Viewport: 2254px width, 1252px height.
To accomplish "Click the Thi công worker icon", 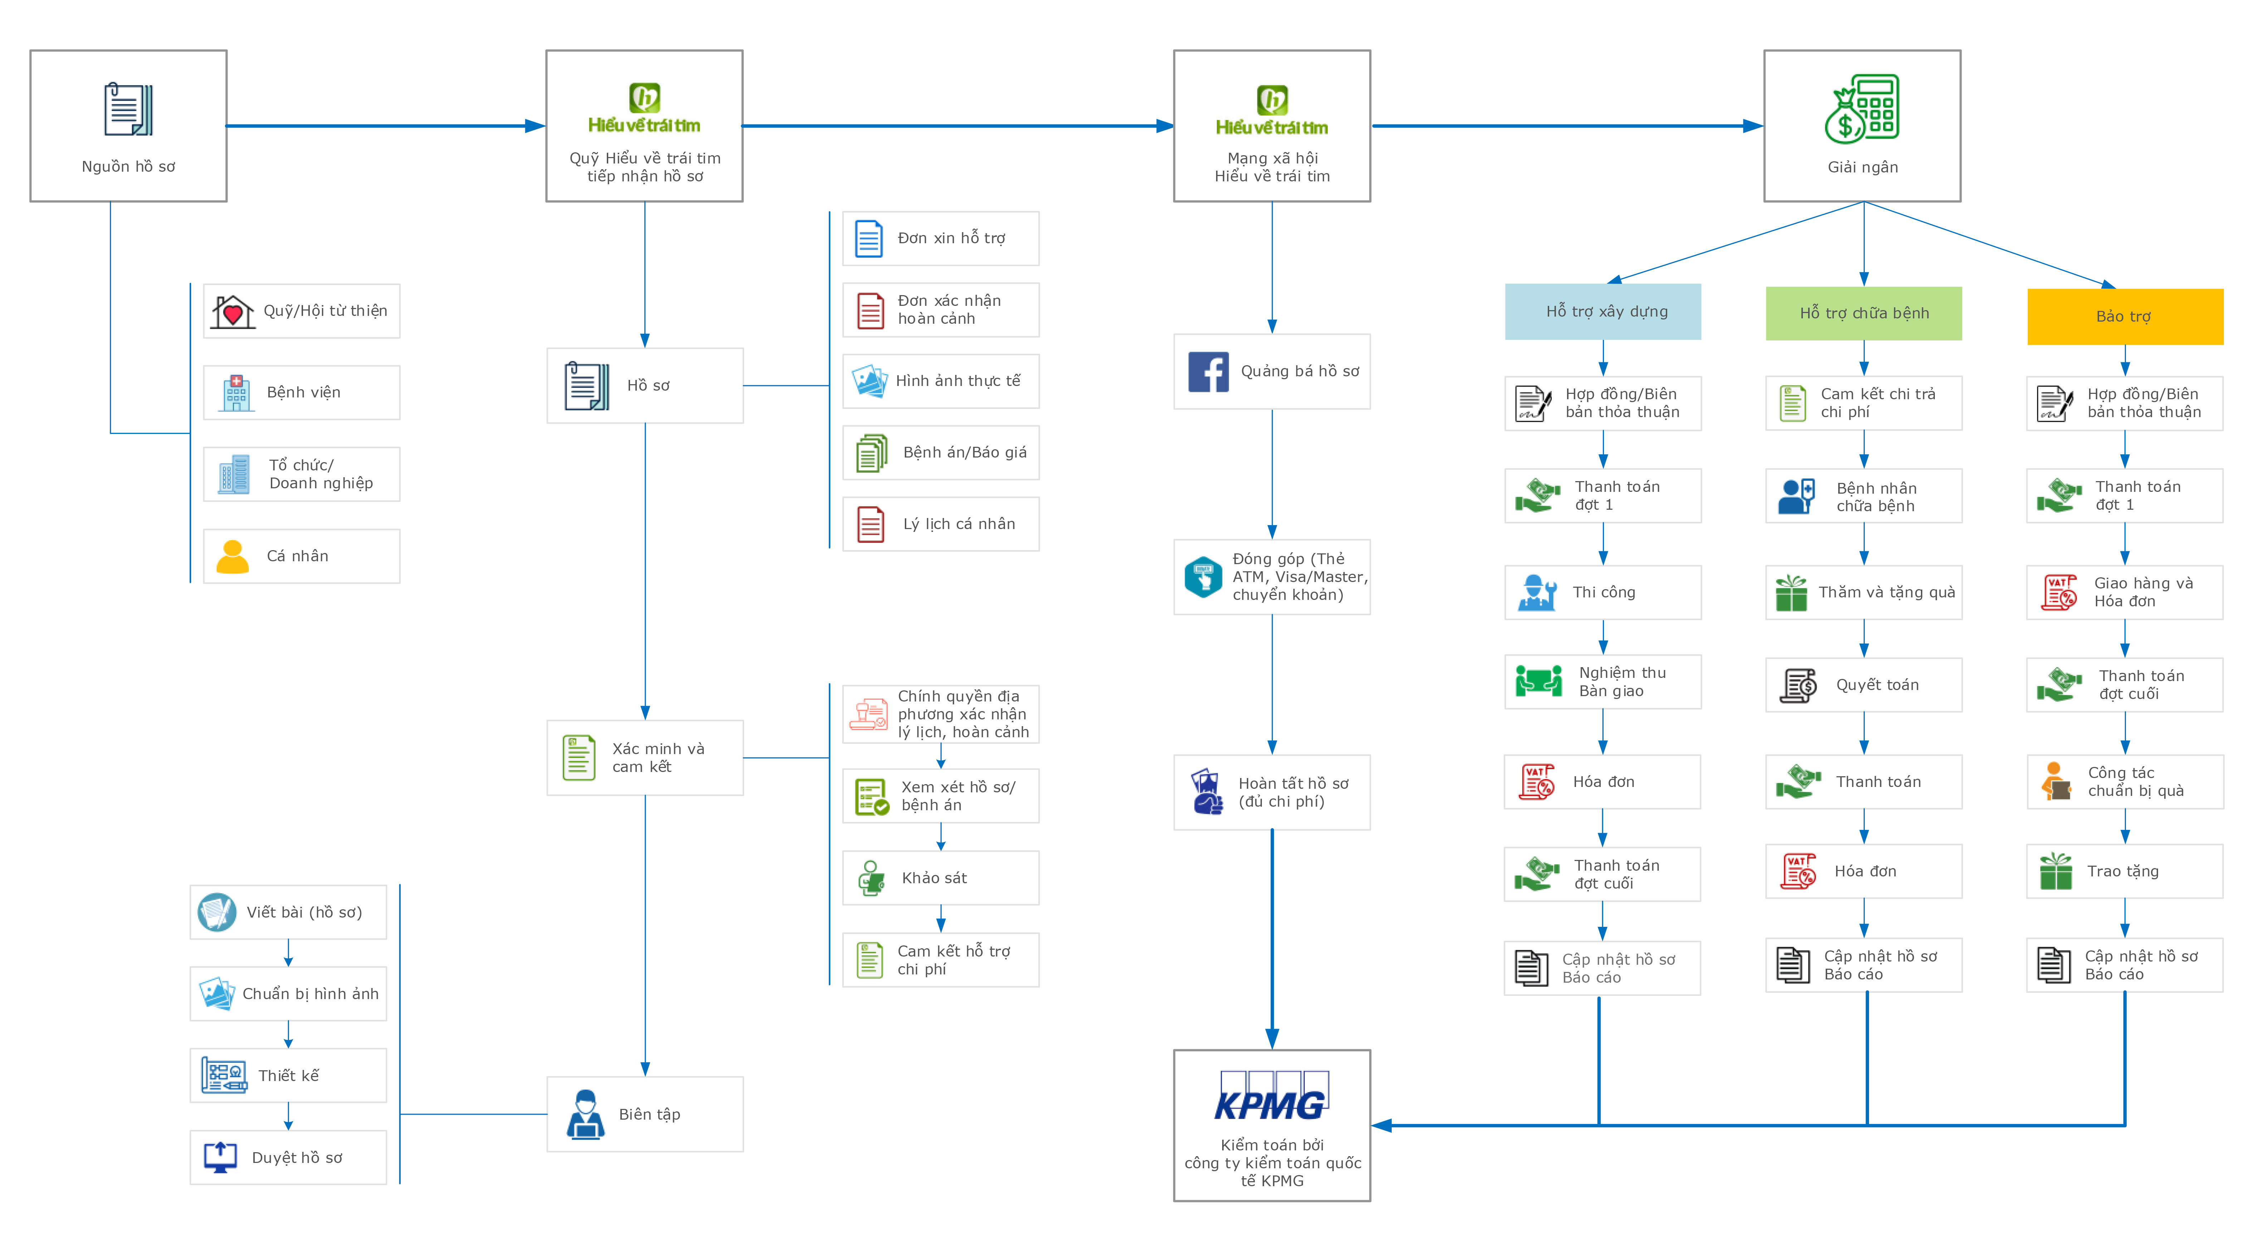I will click(1537, 592).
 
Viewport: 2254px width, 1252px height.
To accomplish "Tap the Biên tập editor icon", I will click(585, 1114).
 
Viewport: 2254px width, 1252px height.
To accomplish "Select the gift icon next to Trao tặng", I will click(2055, 871).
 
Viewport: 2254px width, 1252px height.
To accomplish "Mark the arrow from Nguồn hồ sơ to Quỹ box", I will click(385, 126).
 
